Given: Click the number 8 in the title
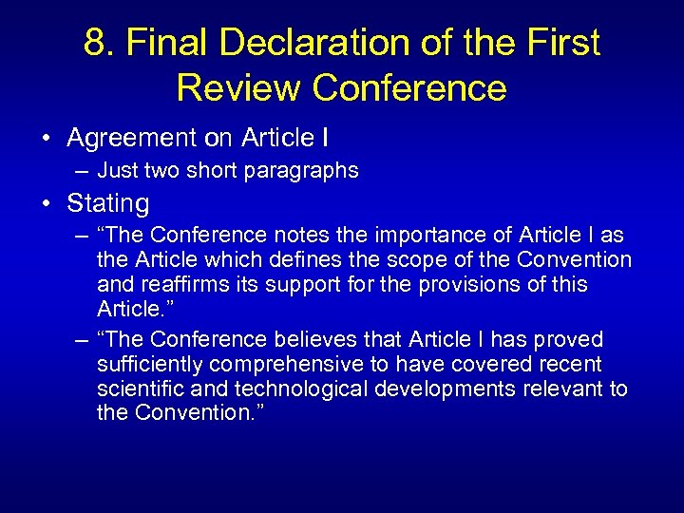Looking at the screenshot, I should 94,43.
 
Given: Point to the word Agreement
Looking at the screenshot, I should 128,138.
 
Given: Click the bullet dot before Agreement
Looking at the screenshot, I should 47,139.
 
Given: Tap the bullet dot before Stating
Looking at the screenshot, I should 47,203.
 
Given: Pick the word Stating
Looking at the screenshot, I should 108,203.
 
